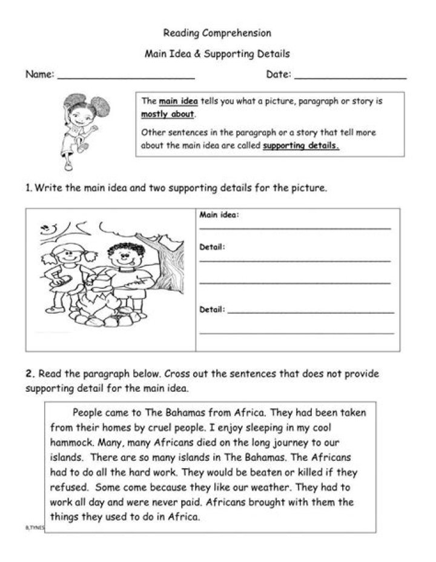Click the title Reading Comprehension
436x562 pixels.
pyautogui.click(x=217, y=33)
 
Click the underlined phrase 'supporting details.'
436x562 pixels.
pyautogui.click(x=301, y=146)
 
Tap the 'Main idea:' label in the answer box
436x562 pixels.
pyautogui.click(x=219, y=215)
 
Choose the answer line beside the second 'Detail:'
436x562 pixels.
pyautogui.click(x=311, y=312)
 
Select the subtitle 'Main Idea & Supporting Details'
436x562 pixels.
pyautogui.click(x=217, y=54)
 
